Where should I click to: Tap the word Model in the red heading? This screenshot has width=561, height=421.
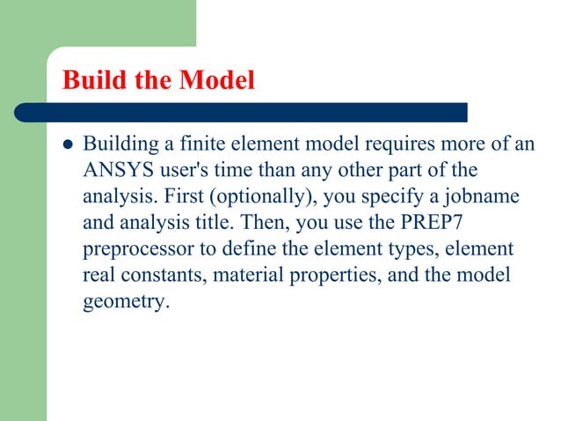217,81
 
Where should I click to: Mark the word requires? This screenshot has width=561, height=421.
386,144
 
